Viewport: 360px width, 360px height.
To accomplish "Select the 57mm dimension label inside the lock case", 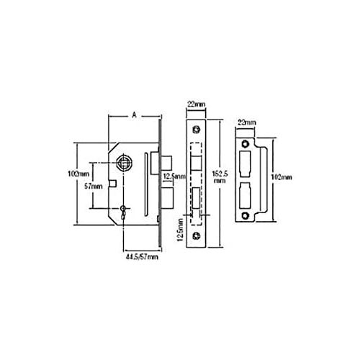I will pos(94,186).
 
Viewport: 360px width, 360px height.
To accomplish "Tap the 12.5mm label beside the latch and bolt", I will pos(173,176).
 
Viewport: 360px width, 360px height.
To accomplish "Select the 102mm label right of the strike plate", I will pos(284,177).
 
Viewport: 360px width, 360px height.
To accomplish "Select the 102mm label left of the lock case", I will pos(78,174).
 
